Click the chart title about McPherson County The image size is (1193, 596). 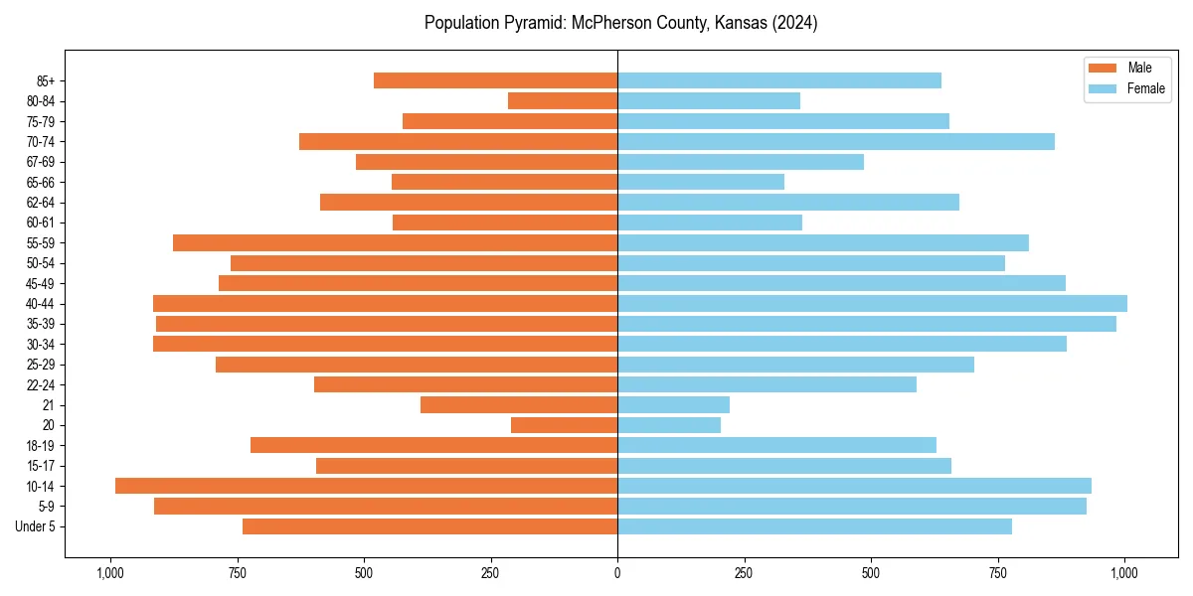click(620, 23)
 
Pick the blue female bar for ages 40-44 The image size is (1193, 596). click(872, 303)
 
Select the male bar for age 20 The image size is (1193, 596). click(564, 425)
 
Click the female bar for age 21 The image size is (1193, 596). click(673, 404)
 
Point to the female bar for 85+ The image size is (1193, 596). click(778, 80)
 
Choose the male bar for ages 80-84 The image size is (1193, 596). click(563, 100)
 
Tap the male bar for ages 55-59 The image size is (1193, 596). click(395, 242)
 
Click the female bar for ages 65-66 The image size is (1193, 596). click(700, 182)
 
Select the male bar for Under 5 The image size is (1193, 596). click(429, 526)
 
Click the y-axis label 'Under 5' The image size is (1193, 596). click(35, 526)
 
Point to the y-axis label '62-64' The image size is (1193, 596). click(41, 202)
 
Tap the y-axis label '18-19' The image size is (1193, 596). click(41, 445)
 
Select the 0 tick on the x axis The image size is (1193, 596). click(617, 573)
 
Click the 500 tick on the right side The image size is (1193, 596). click(871, 573)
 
